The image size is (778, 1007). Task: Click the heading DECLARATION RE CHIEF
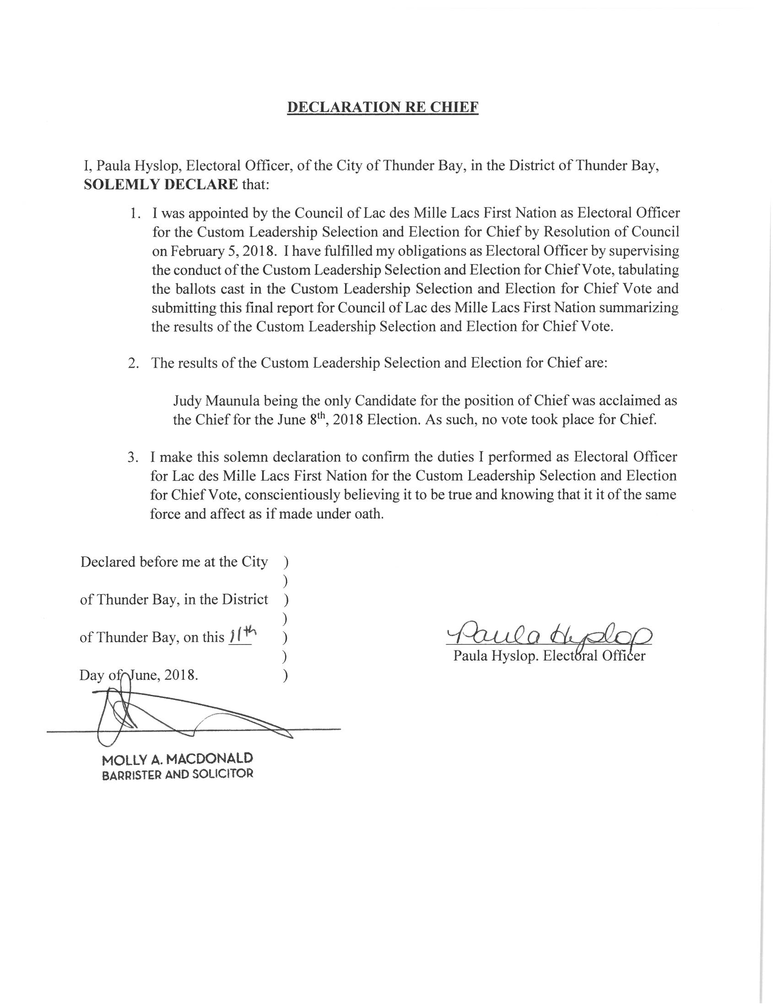click(x=383, y=107)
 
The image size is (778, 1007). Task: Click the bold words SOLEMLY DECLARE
click(x=160, y=184)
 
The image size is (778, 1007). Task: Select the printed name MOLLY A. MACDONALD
click(x=178, y=758)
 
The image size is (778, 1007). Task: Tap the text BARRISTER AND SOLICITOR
click(x=178, y=774)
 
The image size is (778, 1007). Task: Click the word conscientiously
click(x=292, y=495)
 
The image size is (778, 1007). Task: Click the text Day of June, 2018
click(x=139, y=675)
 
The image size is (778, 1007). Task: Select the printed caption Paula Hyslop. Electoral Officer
click(x=549, y=655)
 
